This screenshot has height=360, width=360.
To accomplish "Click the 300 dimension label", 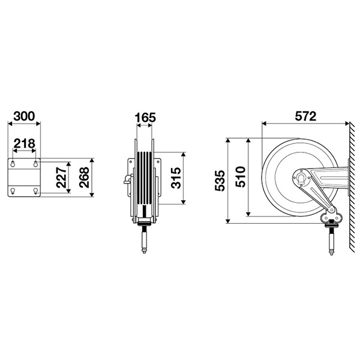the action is [x=24, y=116].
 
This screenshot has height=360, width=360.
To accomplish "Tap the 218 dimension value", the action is [x=25, y=144].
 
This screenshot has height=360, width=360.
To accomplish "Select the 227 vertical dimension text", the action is [x=61, y=178].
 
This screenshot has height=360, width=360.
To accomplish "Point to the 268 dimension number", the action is [x=84, y=178].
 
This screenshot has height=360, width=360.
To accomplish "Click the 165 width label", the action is [x=145, y=118].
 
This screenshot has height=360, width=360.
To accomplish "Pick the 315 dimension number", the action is [x=176, y=178].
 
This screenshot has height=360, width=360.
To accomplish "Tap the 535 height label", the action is [x=220, y=181].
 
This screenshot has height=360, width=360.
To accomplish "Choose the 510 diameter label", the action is [x=241, y=177].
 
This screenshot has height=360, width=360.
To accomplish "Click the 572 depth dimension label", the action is [x=305, y=116].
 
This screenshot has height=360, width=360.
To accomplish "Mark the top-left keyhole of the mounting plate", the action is [x=13, y=164].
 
